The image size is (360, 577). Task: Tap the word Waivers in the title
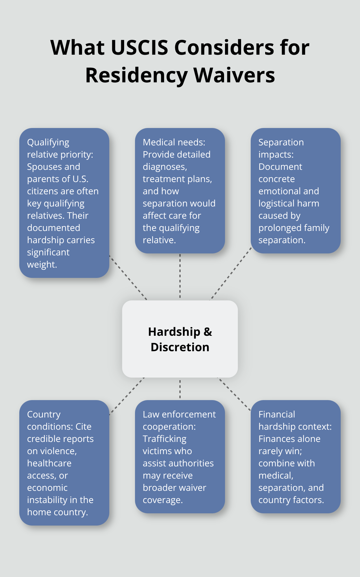click(234, 75)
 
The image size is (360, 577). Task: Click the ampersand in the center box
click(208, 332)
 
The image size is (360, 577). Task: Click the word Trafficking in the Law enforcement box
click(164, 439)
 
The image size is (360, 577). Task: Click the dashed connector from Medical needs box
click(180, 277)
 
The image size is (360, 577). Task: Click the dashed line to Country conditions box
click(127, 396)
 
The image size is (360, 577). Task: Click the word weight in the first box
click(41, 265)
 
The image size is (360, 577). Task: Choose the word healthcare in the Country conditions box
click(49, 463)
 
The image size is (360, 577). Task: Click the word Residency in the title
click(136, 75)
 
